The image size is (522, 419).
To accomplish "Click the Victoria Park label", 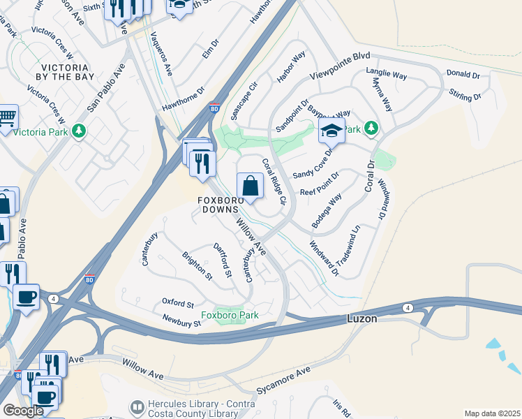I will [x=43, y=131].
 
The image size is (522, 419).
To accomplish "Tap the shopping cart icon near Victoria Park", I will [x=7, y=118].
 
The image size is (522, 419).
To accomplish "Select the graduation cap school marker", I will [x=331, y=130].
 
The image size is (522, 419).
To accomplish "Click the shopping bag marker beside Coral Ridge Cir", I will [x=250, y=186].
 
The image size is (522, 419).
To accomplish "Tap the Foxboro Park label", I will [x=230, y=315].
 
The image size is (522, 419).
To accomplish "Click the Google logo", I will [x=22, y=411].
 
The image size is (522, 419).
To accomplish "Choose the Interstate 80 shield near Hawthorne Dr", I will [x=214, y=109].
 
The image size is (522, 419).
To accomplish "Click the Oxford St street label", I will [x=177, y=304].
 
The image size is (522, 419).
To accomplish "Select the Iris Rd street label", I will [x=340, y=406].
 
